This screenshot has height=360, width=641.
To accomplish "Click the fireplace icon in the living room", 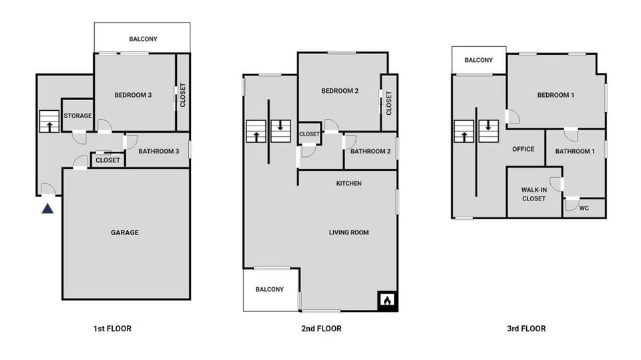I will tap(387, 301).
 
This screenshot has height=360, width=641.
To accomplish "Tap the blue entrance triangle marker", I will tap(47, 208).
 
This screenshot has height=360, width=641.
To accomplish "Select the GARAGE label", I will tap(125, 232).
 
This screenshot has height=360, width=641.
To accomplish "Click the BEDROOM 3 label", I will tap(133, 95).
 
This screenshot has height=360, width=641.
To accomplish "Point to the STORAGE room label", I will tap(77, 116).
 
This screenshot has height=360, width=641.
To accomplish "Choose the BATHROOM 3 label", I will tap(158, 151).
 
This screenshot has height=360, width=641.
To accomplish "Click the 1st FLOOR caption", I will tap(112, 329).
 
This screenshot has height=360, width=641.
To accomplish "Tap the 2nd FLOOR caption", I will tap(321, 329).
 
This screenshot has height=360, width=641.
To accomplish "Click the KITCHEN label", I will tap(349, 183).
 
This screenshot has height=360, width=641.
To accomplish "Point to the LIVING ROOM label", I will tap(349, 232).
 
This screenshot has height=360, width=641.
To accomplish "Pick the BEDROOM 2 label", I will tap(340, 92).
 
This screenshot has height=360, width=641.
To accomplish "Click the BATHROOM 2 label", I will tap(370, 151).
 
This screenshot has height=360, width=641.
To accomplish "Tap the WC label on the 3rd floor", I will tap(584, 208).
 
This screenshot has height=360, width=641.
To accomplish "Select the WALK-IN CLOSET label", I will tap(533, 194).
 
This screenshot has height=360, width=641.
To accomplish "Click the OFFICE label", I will tap(523, 149).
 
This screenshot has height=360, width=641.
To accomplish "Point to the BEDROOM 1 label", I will tap(556, 95).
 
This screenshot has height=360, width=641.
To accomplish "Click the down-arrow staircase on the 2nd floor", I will tap(280, 130).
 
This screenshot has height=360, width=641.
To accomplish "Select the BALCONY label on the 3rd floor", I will tap(478, 60).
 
